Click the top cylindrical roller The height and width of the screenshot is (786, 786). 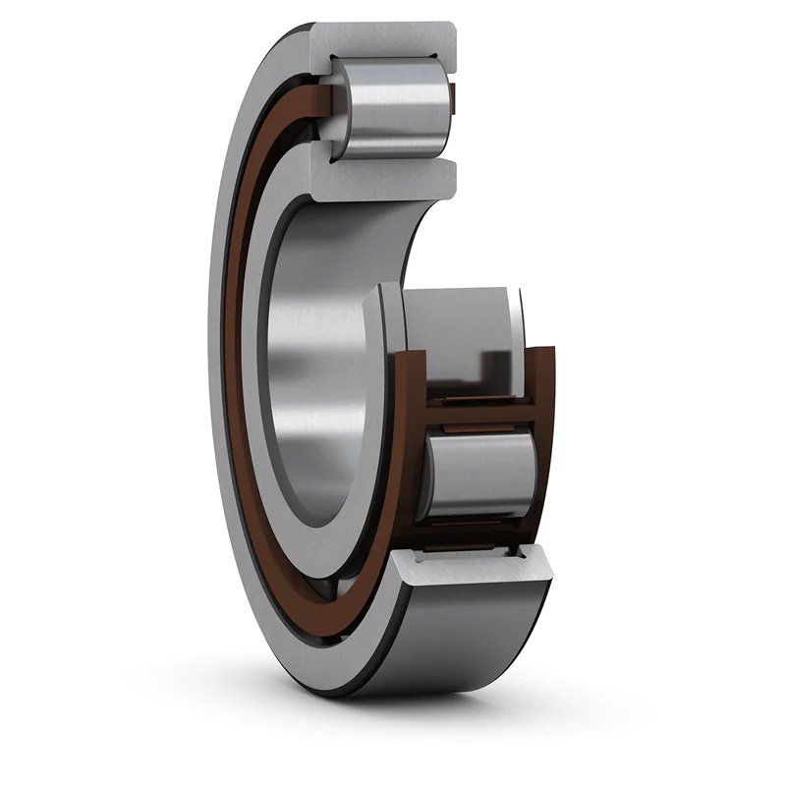[x=393, y=108]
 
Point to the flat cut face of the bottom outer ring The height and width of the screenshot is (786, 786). [x=472, y=570]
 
